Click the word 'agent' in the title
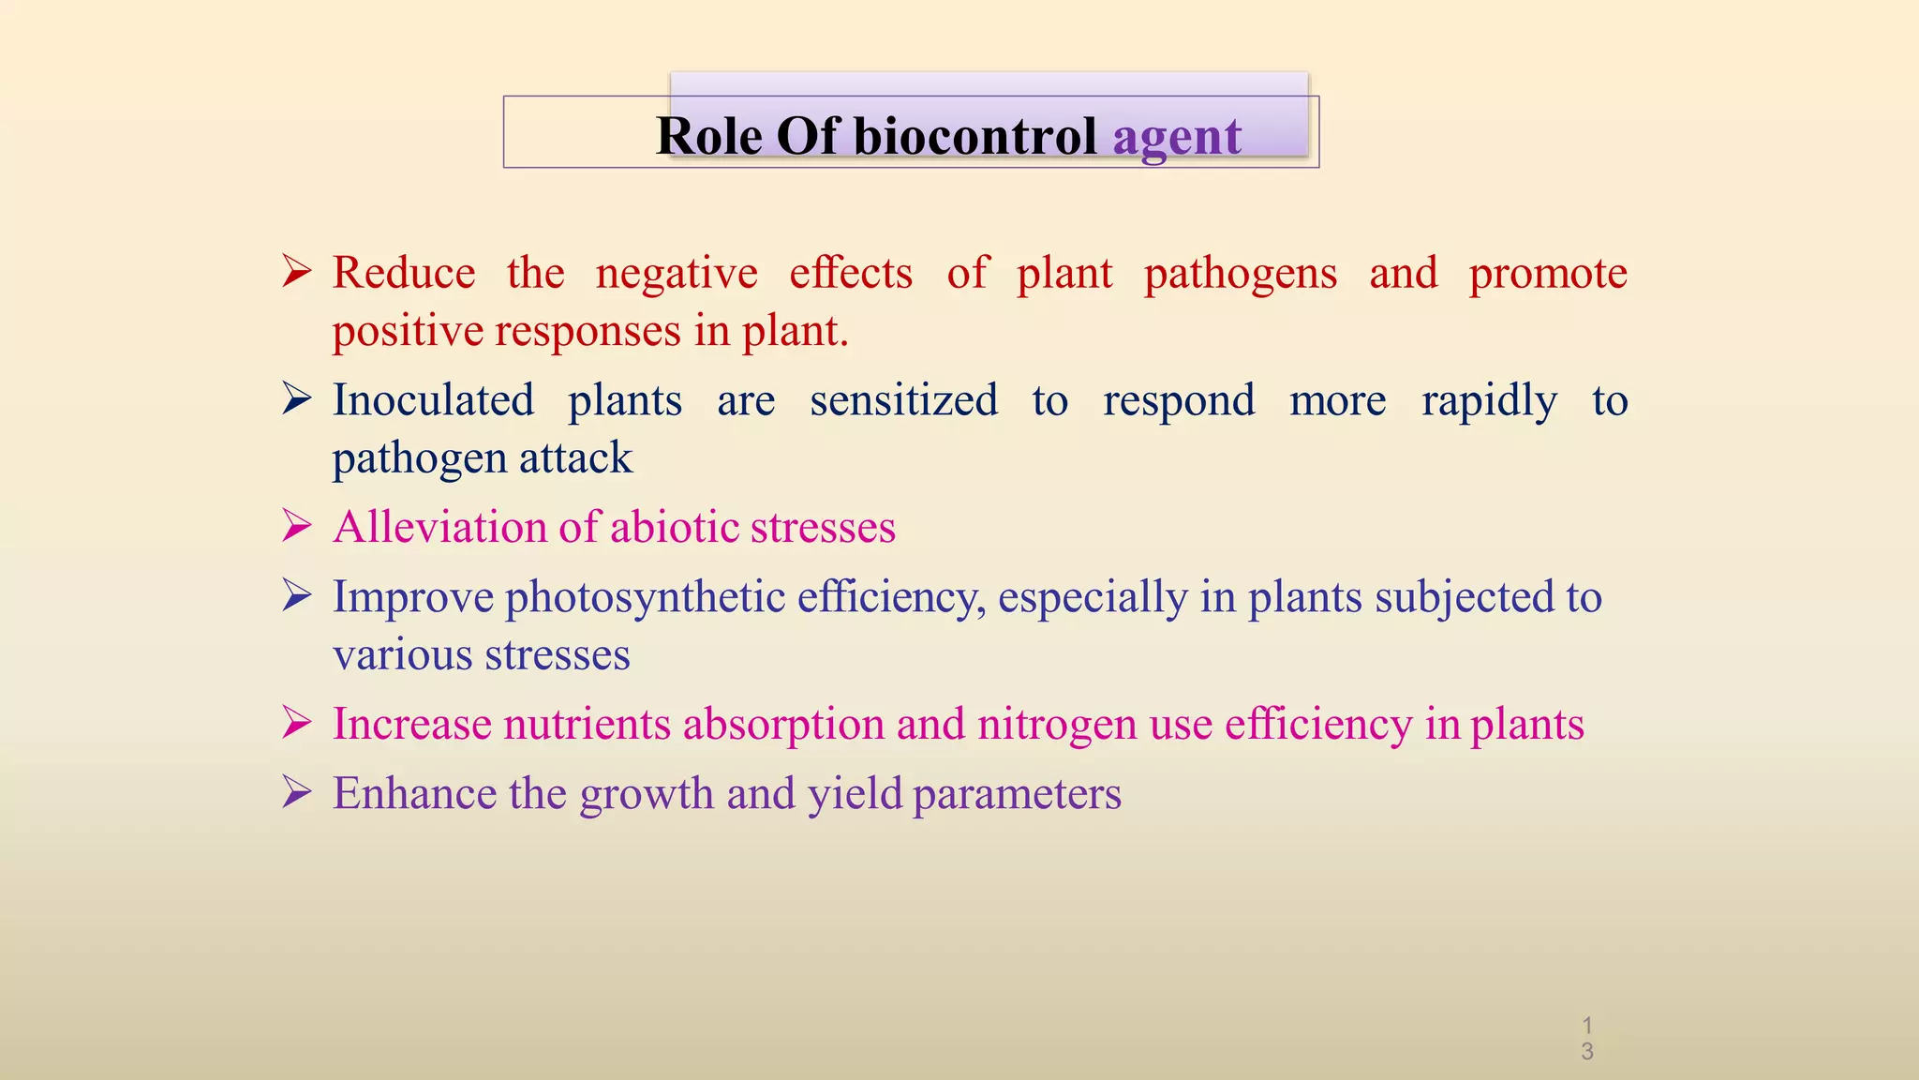(1177, 137)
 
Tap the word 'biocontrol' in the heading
(974, 136)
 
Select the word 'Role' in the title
(709, 136)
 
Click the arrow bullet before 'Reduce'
(297, 273)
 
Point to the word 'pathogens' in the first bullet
(1241, 275)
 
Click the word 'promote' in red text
(1548, 275)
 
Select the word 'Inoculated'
(434, 400)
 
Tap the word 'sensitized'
(904, 400)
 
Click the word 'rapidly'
(1489, 402)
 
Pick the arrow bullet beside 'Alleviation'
(297, 527)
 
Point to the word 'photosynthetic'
(646, 598)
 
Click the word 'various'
(402, 654)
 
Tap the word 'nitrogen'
(1057, 725)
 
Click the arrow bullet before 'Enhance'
(297, 794)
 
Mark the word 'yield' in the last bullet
(855, 794)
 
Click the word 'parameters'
(1017, 795)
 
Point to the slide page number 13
(1587, 1039)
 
